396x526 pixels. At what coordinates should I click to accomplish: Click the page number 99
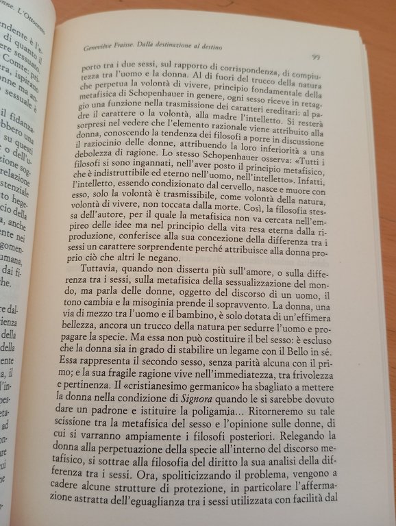[x=317, y=57]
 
